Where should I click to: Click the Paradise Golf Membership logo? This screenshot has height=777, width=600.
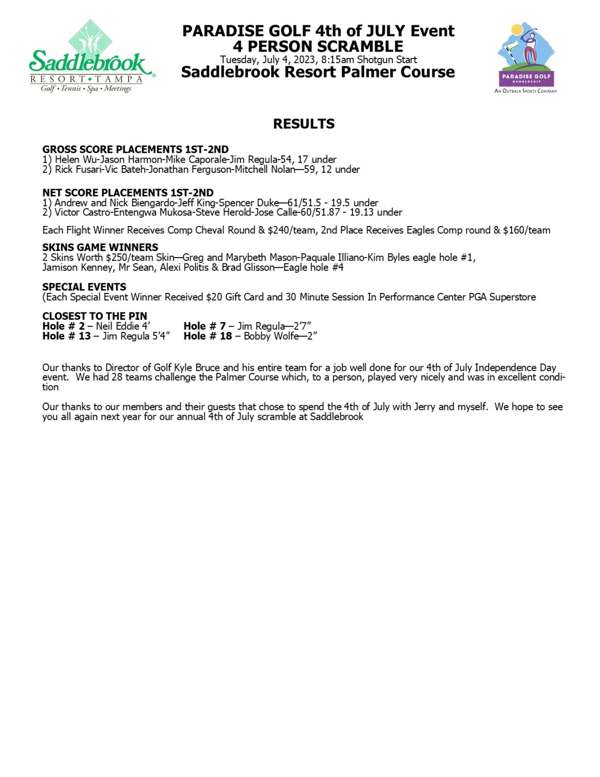(x=525, y=58)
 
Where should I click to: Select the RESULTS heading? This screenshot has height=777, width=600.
(x=304, y=124)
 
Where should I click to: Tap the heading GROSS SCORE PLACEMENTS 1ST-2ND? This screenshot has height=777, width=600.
(x=135, y=149)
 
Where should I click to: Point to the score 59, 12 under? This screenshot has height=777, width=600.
(x=332, y=169)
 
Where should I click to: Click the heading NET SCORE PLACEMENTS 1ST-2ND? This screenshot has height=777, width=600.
(x=128, y=192)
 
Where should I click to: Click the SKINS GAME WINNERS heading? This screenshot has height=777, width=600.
(x=100, y=247)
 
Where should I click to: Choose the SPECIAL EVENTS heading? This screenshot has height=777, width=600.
(x=84, y=287)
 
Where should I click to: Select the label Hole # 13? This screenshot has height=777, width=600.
(x=66, y=336)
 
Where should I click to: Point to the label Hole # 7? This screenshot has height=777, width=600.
(x=204, y=326)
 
